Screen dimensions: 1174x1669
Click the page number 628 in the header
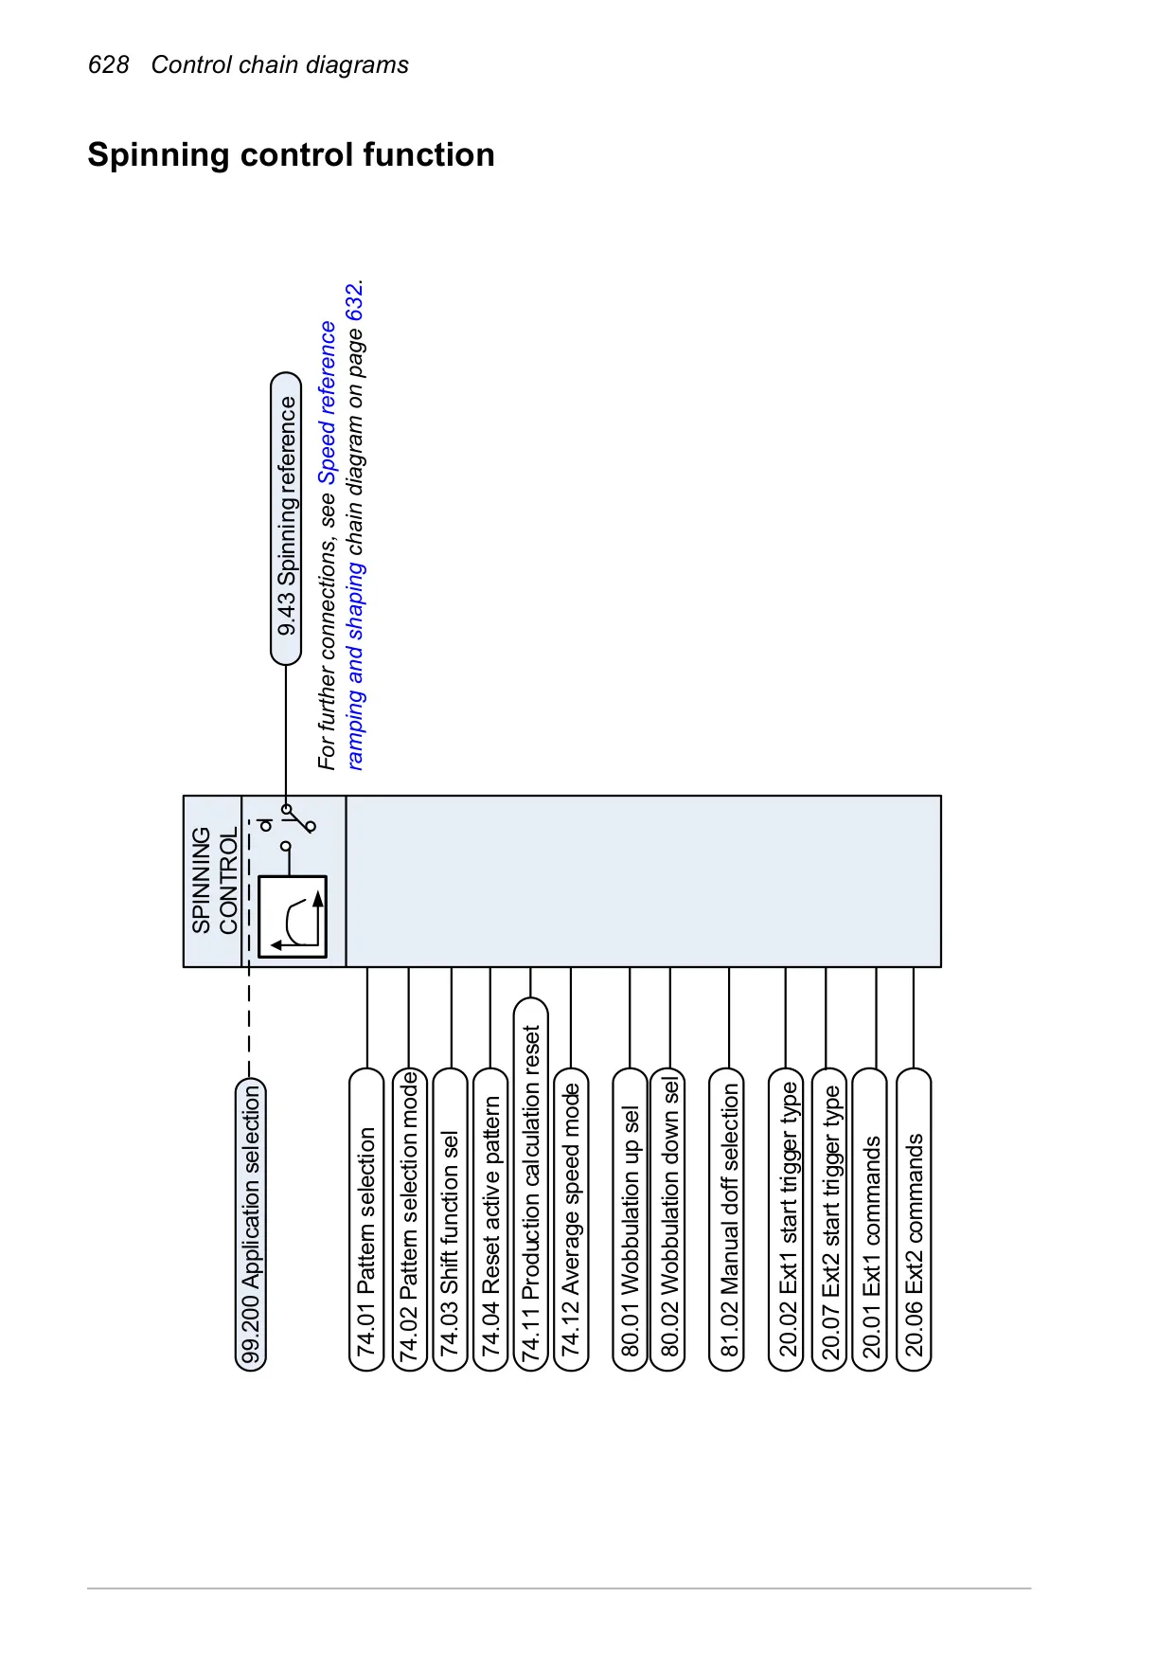108,64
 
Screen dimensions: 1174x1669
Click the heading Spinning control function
291,154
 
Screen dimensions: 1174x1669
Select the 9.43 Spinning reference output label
286,519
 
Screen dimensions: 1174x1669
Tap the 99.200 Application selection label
251,1224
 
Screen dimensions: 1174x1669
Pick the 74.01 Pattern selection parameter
366,1219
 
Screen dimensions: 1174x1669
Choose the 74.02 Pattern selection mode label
409,1219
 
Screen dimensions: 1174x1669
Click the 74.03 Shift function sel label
451,1219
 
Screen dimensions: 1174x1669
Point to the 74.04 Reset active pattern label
490,1219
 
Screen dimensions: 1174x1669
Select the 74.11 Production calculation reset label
531,1183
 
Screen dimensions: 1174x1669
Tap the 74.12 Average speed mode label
571,1219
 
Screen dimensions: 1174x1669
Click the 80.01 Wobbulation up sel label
630,1219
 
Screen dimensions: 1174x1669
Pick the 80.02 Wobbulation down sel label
668,1219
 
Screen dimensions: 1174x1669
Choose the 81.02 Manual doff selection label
728,1219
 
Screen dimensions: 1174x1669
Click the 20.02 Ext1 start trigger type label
786,1219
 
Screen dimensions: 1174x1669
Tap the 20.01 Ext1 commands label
870,1219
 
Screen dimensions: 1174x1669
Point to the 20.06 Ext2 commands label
914,1219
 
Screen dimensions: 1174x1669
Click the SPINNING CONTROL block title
214,881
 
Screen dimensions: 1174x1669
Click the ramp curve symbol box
293,917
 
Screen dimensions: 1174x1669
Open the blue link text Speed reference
328,404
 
